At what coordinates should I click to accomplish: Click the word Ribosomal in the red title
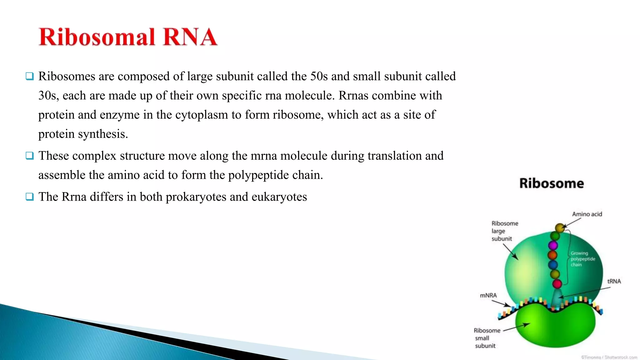tap(97, 37)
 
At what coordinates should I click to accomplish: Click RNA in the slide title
tap(190, 37)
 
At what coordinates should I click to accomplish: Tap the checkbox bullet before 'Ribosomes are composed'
tap(30, 76)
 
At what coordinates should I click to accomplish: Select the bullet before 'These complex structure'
tap(30, 156)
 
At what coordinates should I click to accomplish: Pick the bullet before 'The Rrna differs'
tap(30, 197)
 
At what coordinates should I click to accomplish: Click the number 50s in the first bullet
tap(319, 76)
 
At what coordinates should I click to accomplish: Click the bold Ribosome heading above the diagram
tap(552, 183)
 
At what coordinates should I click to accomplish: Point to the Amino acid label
tap(587, 214)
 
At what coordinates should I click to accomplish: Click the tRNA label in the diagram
tap(614, 281)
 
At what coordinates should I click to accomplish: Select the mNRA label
tap(488, 295)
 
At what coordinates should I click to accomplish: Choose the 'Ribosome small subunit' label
tap(486, 338)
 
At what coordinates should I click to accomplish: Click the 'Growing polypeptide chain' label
tap(582, 259)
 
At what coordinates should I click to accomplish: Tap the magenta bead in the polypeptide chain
tap(553, 245)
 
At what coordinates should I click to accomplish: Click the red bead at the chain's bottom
tap(557, 284)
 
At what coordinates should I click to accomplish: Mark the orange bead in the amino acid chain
tap(552, 255)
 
